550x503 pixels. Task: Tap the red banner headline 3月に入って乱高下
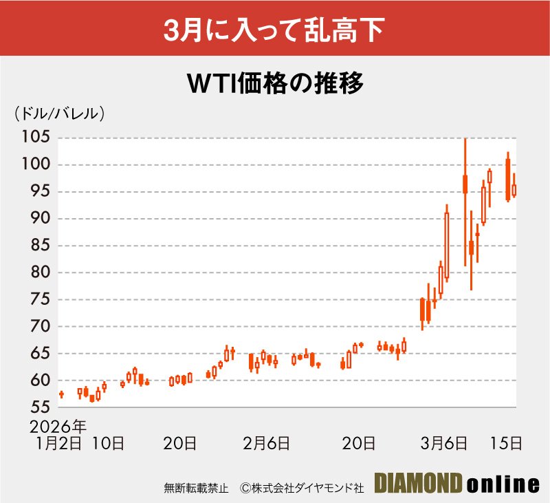click(x=275, y=31)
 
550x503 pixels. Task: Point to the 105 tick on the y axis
click(x=35, y=138)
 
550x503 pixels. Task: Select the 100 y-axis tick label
click(x=35, y=164)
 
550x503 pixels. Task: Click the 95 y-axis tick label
click(x=38, y=191)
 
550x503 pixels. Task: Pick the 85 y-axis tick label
click(x=38, y=246)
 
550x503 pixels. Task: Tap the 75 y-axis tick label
click(x=38, y=299)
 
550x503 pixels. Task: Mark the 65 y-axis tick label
click(x=38, y=354)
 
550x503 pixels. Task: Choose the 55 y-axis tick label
click(x=38, y=407)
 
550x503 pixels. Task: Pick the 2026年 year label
click(x=58, y=424)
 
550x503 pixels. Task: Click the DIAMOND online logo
click(x=456, y=484)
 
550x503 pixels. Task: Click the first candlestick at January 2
click(x=61, y=394)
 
